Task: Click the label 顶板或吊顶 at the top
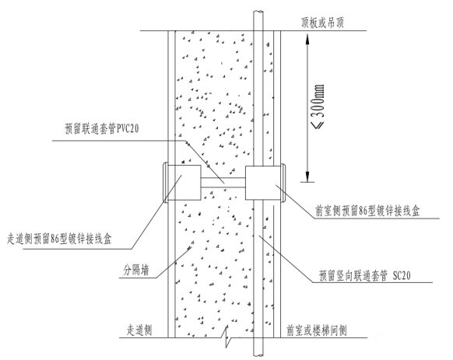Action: point(322,23)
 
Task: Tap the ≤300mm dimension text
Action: point(318,106)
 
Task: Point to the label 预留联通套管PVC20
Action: point(102,128)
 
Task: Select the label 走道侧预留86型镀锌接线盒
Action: point(59,239)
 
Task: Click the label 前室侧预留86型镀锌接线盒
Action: point(367,211)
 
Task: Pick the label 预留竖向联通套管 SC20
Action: point(364,276)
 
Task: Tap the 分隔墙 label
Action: point(136,271)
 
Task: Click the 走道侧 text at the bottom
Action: point(139,330)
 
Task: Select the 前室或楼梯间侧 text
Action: point(317,330)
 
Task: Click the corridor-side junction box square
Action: point(184,183)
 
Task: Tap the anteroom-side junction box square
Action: point(263,183)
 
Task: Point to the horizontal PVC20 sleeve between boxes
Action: point(223,183)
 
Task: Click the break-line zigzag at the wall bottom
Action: point(227,337)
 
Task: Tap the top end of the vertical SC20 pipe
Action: point(258,12)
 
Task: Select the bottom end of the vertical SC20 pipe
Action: point(258,355)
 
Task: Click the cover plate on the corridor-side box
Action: point(166,183)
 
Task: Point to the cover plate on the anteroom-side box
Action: point(283,183)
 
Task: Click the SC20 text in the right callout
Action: point(402,276)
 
